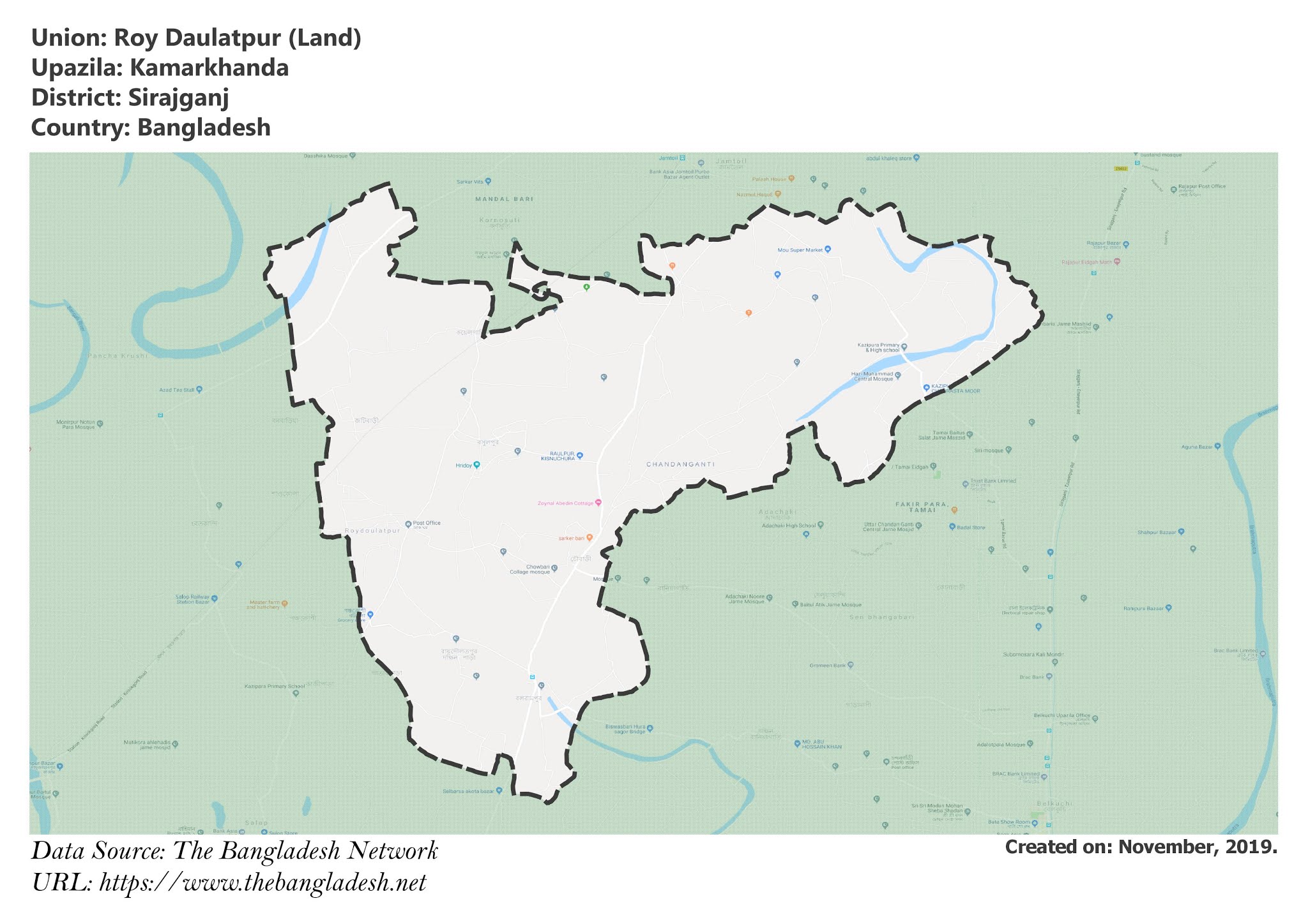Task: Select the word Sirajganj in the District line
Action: pos(178,98)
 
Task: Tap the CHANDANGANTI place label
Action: pos(680,465)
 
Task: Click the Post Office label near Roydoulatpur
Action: pos(427,523)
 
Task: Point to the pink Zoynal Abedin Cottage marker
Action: pos(598,503)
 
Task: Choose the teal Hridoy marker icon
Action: pos(476,465)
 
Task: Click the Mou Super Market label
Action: pos(800,250)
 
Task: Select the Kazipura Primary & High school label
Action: pos(878,348)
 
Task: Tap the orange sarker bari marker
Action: pos(589,538)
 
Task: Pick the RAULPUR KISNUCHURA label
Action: pos(558,456)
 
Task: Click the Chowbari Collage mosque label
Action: pos(529,569)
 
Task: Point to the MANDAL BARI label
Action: pos(504,199)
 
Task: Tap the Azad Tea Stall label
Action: pos(176,389)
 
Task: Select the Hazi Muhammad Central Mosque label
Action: pos(872,376)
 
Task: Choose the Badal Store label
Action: pos(971,528)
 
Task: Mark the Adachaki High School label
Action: pos(789,526)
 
